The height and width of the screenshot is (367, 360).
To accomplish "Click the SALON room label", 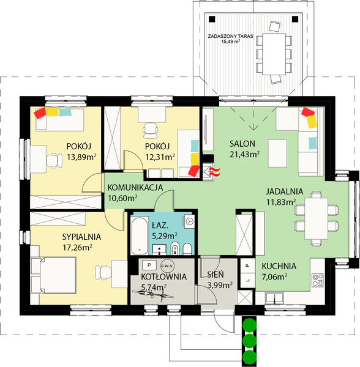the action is (x=242, y=144).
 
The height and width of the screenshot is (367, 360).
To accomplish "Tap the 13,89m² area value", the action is (x=81, y=157).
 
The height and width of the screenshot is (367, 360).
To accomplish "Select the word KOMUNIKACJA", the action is (x=135, y=188).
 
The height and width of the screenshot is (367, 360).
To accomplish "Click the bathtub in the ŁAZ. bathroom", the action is (x=140, y=235).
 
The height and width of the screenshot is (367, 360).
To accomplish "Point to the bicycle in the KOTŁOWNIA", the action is (x=152, y=294).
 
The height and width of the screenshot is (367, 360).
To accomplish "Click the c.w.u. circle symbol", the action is (x=167, y=266).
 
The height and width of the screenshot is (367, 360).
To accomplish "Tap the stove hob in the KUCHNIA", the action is (x=318, y=280).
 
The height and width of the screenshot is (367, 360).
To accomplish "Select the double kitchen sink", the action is (x=274, y=298).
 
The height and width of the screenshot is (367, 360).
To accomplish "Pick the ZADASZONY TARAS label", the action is (x=230, y=36).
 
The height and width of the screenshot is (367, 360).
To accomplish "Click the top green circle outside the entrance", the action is (x=249, y=325).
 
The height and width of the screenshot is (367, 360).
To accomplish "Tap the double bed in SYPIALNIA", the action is (x=53, y=275).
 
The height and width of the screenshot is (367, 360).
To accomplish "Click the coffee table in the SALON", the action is (x=277, y=154).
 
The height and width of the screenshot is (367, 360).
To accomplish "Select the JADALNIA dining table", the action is (x=316, y=218).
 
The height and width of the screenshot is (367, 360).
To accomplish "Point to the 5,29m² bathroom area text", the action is (x=165, y=235).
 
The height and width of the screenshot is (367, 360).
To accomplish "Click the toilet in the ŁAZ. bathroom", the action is (x=187, y=249).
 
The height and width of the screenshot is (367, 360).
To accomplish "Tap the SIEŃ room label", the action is (x=216, y=274).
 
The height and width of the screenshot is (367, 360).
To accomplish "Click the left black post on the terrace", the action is (x=212, y=19).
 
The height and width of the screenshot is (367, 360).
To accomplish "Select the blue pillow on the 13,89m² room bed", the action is (x=65, y=112).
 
